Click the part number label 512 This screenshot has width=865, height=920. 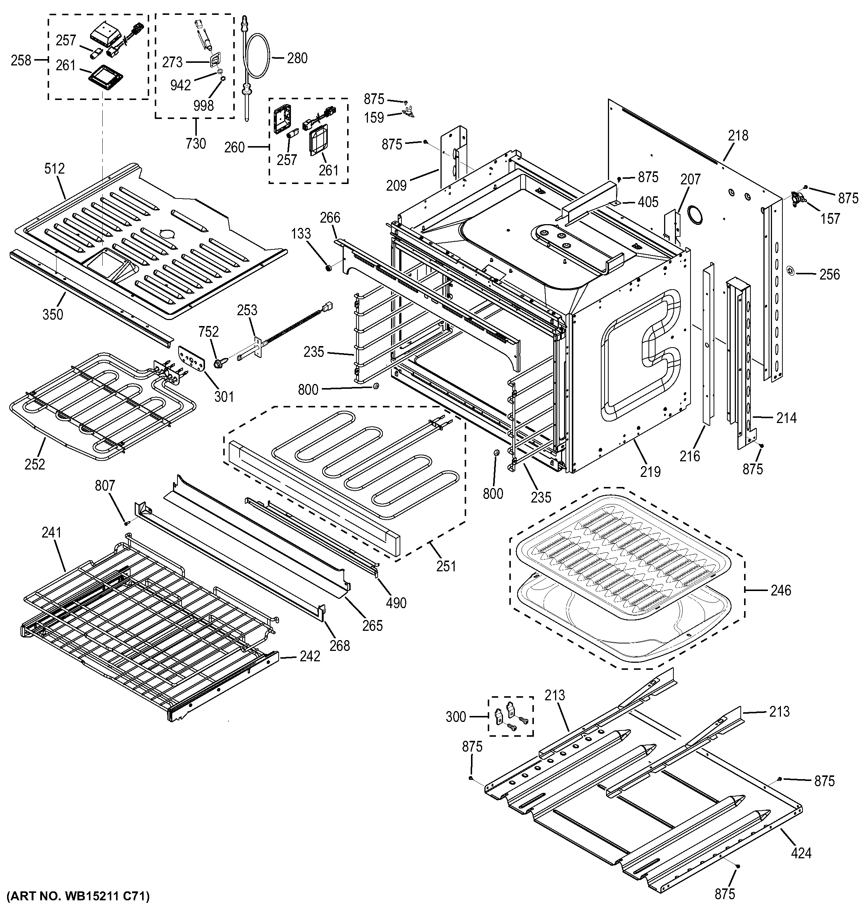click(54, 169)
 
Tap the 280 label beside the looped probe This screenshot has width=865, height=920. click(297, 58)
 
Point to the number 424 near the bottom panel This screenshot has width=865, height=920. click(801, 852)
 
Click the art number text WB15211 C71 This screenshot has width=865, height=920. click(77, 897)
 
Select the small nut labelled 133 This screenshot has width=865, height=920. click(328, 268)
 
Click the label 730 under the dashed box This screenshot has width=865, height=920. click(195, 143)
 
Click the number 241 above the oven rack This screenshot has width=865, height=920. click(51, 533)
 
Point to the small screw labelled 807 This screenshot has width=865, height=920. click(126, 523)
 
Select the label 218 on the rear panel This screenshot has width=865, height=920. click(738, 136)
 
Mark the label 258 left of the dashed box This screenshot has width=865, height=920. click(21, 60)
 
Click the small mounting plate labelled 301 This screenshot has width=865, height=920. click(192, 359)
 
